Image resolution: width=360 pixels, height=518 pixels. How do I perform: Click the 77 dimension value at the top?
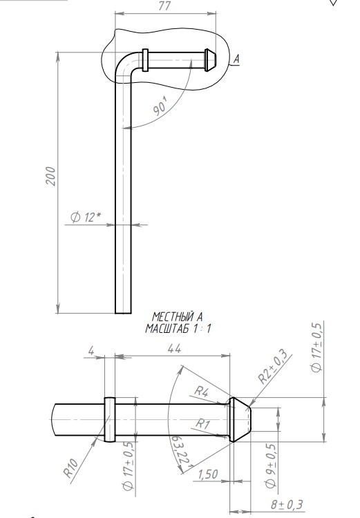(x=164, y=6)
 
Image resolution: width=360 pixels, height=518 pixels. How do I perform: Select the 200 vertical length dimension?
(x=50, y=176)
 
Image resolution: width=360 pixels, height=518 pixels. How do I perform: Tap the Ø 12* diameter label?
(x=86, y=217)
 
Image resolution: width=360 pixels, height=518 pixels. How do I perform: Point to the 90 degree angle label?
(x=161, y=108)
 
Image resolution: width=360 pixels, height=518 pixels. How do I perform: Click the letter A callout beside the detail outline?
(x=236, y=59)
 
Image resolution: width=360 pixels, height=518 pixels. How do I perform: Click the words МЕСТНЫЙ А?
(x=177, y=317)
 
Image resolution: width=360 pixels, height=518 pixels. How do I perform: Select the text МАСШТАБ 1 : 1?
(x=178, y=328)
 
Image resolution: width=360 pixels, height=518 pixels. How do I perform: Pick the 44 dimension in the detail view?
(x=174, y=349)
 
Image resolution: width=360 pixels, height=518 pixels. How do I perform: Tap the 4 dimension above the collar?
(x=91, y=350)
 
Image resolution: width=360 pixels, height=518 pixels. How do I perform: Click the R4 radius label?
(x=201, y=392)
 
